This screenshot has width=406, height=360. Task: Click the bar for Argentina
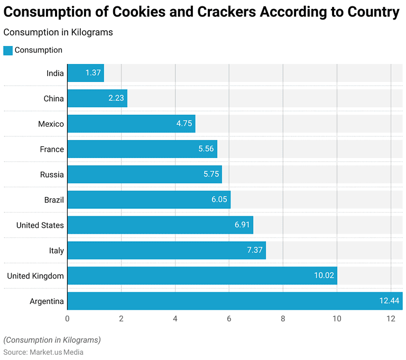[x=235, y=301]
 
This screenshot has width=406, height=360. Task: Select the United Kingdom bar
[x=202, y=275]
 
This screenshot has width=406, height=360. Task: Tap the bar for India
[x=86, y=73]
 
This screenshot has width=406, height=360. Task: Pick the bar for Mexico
[x=131, y=124]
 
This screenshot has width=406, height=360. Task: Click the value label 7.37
[x=255, y=251]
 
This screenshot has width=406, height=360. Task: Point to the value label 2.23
[x=116, y=98]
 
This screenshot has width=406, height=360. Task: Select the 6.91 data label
[x=243, y=225]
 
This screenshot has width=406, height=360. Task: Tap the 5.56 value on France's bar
[x=206, y=149]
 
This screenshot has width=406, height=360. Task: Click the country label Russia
[x=52, y=174]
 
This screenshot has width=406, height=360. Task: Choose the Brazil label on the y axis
[x=54, y=200]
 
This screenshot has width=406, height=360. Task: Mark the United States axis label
[x=40, y=225]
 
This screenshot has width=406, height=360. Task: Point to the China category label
[x=54, y=98]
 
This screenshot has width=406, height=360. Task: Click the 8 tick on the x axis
[x=283, y=319]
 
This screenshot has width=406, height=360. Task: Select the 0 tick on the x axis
[x=67, y=319]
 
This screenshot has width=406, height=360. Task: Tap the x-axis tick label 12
[x=391, y=319]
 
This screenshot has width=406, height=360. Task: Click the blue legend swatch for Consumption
[x=8, y=50]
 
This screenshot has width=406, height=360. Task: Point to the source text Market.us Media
[x=56, y=352]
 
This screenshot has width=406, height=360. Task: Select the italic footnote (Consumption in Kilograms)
[x=52, y=340]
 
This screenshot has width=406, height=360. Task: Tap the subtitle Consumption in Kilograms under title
[x=58, y=32]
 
